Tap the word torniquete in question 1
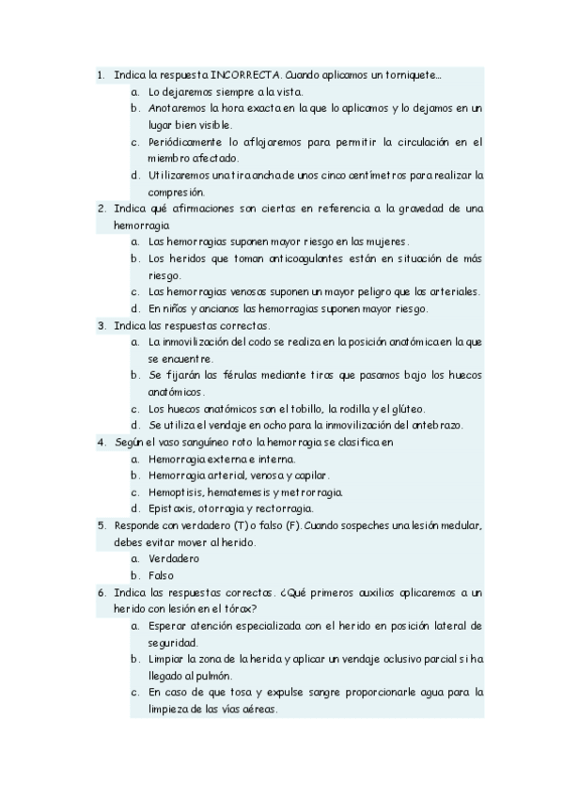pyautogui.click(x=412, y=74)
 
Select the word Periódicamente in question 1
pyautogui.click(x=184, y=142)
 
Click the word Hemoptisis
pyautogui.click(x=179, y=492)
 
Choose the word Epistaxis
pyautogui.click(x=174, y=508)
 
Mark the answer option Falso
pyautogui.click(x=162, y=575)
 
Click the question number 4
pyautogui.click(x=101, y=441)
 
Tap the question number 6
pyautogui.click(x=101, y=592)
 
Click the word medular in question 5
pyautogui.click(x=460, y=525)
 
